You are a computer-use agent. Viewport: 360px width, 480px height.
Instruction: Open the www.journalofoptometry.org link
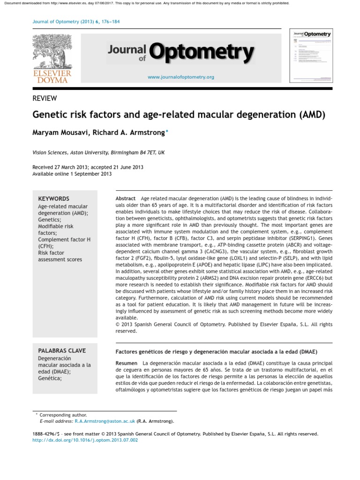point(180,77)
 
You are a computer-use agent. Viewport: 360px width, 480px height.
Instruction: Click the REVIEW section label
point(45,98)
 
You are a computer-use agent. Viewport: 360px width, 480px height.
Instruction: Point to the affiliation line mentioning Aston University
point(98,152)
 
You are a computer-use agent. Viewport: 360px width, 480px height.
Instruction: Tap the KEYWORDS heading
point(53,199)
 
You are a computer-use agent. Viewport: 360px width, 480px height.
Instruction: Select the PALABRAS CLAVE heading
point(61,351)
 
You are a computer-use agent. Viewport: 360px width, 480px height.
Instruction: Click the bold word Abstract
point(126,199)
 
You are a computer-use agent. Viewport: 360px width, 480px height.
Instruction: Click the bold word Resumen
point(127,363)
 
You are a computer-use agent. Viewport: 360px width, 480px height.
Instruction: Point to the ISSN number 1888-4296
point(45,434)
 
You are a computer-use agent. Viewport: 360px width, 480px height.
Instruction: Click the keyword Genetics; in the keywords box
point(49,219)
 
